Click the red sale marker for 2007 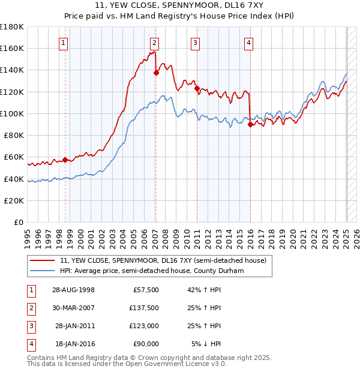click(156, 73)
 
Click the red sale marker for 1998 click(65, 160)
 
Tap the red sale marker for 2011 click(197, 88)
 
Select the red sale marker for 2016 click(250, 124)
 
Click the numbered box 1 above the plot click(64, 42)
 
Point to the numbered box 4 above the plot click(248, 42)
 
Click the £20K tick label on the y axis click(14, 200)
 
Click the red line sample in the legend click(43, 260)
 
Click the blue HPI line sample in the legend click(43, 271)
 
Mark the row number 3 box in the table click(30, 326)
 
